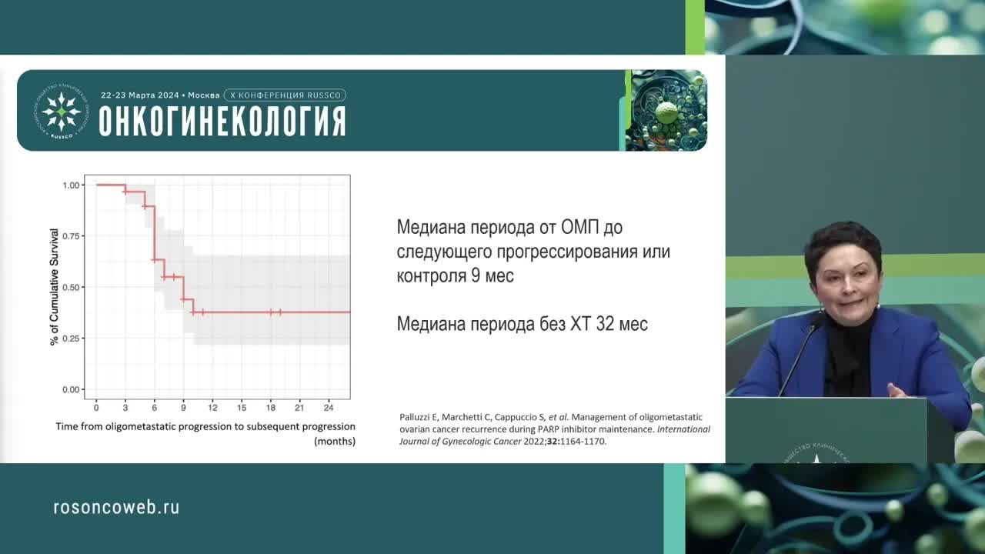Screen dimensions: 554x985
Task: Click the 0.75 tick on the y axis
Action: tap(72, 236)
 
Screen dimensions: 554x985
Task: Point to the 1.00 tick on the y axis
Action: tap(72, 185)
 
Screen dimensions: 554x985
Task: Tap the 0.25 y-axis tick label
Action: tap(72, 339)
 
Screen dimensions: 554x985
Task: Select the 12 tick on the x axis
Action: tap(213, 406)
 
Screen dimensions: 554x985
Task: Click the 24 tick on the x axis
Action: tap(329, 406)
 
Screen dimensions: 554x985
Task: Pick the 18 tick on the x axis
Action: tap(271, 406)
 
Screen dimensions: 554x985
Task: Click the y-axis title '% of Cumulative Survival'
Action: tap(54, 286)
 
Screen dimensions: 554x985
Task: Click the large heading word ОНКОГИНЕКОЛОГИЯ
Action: tap(222, 122)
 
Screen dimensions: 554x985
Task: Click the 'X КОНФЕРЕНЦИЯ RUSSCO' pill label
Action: tap(285, 95)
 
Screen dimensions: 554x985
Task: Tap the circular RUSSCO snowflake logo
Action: tap(62, 111)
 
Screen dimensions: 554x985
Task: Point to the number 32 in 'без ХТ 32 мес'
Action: tap(605, 324)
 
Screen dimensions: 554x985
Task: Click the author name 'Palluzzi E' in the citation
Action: tap(421, 417)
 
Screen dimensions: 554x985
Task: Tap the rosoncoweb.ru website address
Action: tap(116, 507)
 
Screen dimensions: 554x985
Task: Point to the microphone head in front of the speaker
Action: tap(818, 319)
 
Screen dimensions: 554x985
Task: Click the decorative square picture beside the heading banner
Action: tap(666, 110)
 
